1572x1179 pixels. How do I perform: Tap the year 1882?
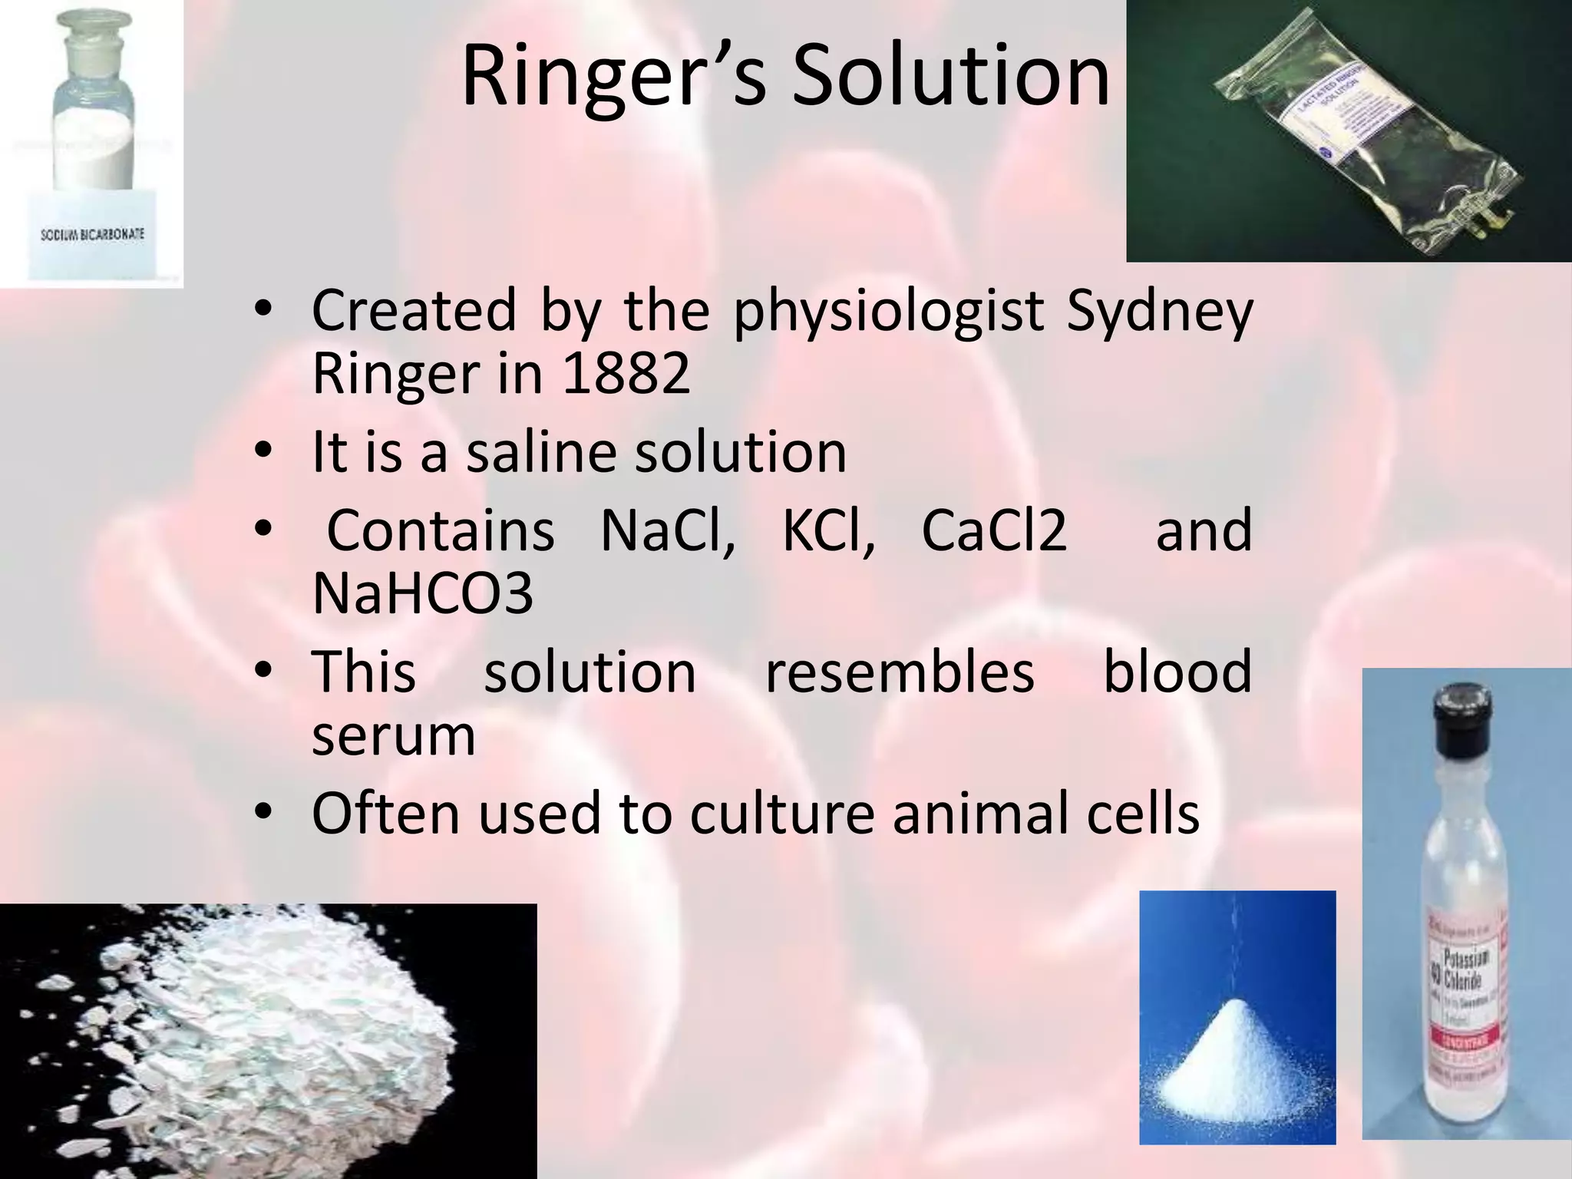626,374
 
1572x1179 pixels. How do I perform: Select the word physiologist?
888,311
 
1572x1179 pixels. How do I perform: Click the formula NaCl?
667,530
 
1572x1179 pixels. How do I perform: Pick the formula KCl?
828,530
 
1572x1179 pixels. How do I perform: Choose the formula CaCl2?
993,530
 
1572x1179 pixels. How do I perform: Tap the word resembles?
900,672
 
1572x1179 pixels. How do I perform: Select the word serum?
393,735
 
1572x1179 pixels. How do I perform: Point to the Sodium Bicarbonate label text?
92,234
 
